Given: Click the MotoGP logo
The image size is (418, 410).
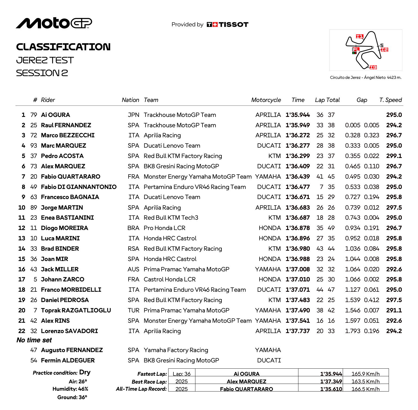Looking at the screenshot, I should click(54, 23).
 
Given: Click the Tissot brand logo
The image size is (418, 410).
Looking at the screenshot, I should click(227, 25).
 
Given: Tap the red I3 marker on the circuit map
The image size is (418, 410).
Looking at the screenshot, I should click(373, 67).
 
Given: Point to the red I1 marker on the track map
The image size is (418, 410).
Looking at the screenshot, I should click(359, 36).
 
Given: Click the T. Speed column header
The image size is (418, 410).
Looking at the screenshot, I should click(390, 100).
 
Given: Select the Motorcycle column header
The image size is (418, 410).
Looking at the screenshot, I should click(266, 100).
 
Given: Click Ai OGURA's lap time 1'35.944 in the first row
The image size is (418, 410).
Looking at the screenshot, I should click(298, 115).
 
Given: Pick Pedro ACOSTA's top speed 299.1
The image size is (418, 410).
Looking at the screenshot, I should click(394, 156).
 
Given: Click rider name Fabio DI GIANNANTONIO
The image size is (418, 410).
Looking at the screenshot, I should click(79, 187).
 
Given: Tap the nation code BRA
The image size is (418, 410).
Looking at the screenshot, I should click(133, 228).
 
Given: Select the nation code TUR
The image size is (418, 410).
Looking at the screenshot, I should click(133, 310).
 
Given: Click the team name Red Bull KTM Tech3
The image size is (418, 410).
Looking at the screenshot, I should click(171, 218).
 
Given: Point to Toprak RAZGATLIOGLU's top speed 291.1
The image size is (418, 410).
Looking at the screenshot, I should click(394, 310).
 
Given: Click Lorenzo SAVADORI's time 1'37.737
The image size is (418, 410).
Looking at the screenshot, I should click(298, 331).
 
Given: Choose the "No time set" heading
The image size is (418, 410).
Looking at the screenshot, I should click(34, 340).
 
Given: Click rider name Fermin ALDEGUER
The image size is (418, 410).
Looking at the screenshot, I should click(68, 361).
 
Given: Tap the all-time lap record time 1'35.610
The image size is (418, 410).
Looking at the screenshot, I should click(331, 389).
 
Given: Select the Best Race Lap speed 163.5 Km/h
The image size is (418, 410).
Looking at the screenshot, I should click(365, 381).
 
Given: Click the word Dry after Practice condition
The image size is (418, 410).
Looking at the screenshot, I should click(85, 372).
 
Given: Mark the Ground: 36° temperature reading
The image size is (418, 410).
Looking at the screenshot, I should click(72, 397).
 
